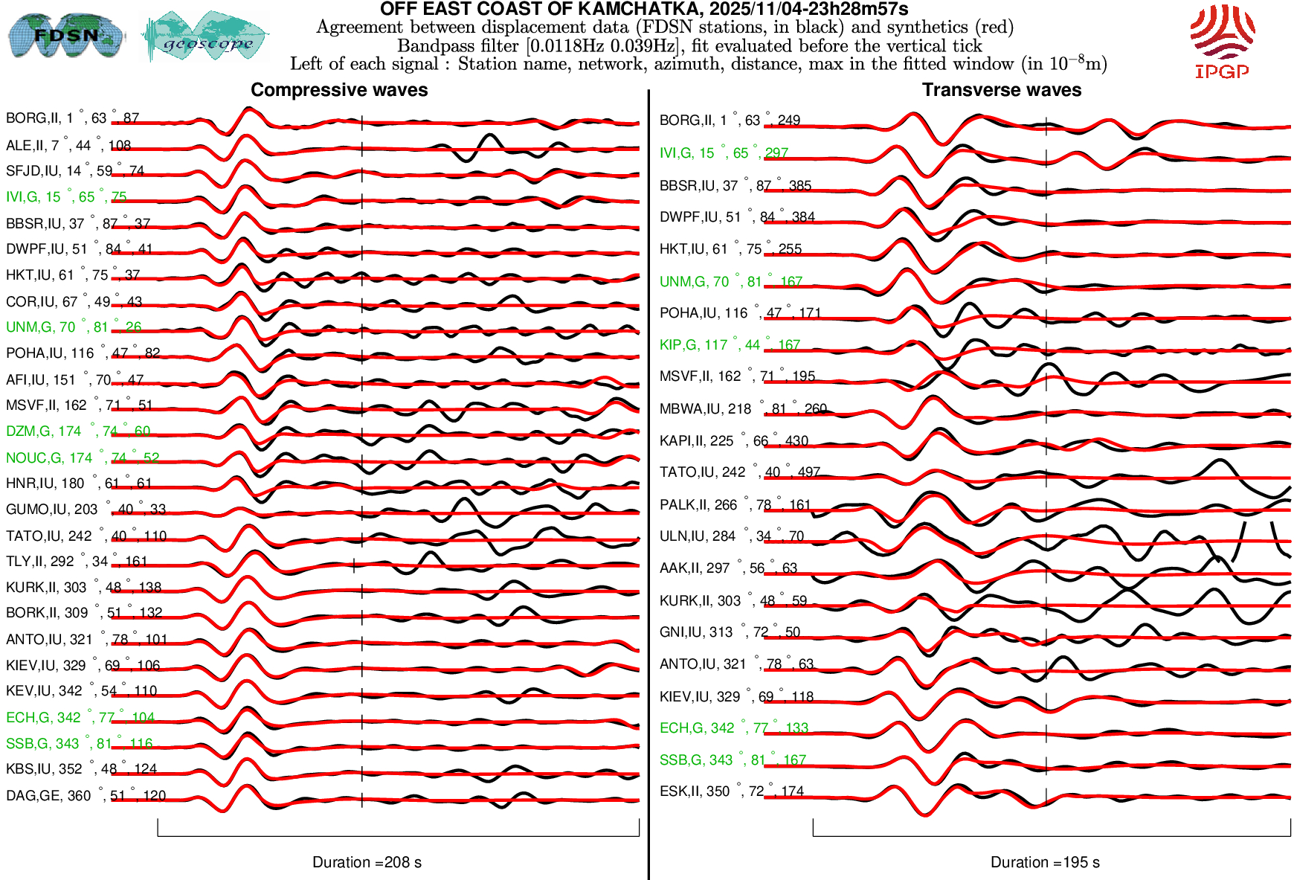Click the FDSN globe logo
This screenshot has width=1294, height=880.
65,35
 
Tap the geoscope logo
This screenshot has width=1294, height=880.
206,37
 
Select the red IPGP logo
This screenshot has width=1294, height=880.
1221,40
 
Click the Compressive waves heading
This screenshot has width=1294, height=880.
339,90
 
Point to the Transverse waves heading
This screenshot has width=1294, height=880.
1001,90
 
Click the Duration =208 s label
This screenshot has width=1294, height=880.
367,862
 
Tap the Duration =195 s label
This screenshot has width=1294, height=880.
1045,862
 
